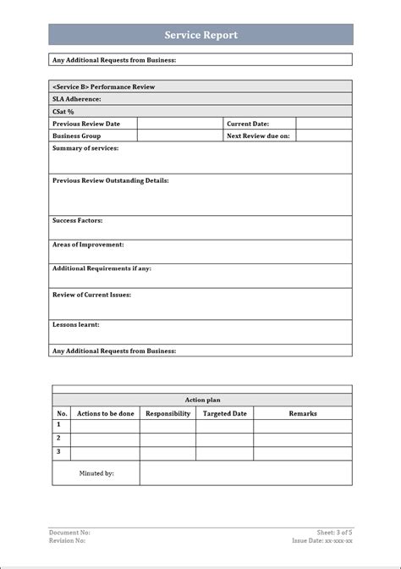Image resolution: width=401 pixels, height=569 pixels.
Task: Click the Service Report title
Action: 200,35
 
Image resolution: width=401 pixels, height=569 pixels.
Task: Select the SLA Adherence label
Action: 76,99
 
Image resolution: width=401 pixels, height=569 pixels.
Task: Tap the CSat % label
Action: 63,111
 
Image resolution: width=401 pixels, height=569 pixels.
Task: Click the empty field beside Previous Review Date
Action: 179,124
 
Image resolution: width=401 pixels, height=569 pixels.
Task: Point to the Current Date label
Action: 248,124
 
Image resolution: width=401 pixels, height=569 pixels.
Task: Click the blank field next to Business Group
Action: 179,135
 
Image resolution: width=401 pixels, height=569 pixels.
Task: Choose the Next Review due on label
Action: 258,135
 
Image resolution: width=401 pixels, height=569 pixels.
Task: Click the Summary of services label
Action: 85,148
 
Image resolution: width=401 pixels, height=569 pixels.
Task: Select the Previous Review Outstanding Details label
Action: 110,180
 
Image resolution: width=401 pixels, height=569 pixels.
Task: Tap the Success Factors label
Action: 77,220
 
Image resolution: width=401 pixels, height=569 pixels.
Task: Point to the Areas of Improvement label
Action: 88,244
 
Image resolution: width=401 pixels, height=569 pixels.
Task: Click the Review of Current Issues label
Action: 91,295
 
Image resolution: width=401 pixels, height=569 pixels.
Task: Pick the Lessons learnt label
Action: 75,324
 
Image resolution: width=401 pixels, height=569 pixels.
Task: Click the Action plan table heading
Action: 202,400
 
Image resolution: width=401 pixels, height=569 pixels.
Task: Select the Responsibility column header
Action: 168,413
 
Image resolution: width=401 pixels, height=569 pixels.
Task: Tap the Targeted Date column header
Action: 224,413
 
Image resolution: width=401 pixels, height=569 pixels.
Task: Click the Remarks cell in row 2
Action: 302,439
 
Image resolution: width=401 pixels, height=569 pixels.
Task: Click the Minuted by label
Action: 96,473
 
